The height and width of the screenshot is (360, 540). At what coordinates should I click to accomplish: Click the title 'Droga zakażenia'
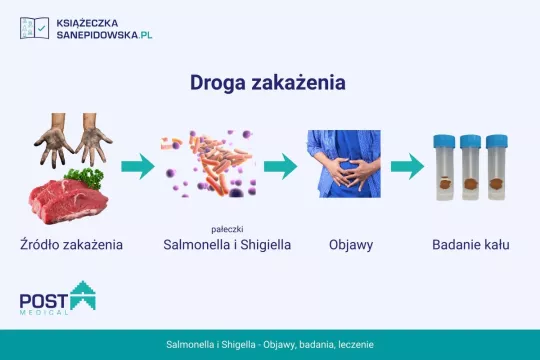pos(268,83)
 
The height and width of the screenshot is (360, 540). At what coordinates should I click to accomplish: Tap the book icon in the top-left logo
pos(33,27)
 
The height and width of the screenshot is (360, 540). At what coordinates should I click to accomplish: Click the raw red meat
pos(65,200)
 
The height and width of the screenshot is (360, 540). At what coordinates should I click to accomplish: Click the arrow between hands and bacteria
pos(138,167)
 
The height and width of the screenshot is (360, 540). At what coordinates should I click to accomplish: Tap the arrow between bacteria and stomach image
pos(281,167)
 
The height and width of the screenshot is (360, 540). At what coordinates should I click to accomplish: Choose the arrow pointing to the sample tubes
pos(408,167)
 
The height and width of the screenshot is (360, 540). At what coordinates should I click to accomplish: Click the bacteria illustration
pos(208,165)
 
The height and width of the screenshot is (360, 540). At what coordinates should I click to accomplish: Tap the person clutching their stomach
pos(345,165)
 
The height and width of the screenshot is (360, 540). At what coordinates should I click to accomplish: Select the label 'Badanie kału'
pos(471,244)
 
